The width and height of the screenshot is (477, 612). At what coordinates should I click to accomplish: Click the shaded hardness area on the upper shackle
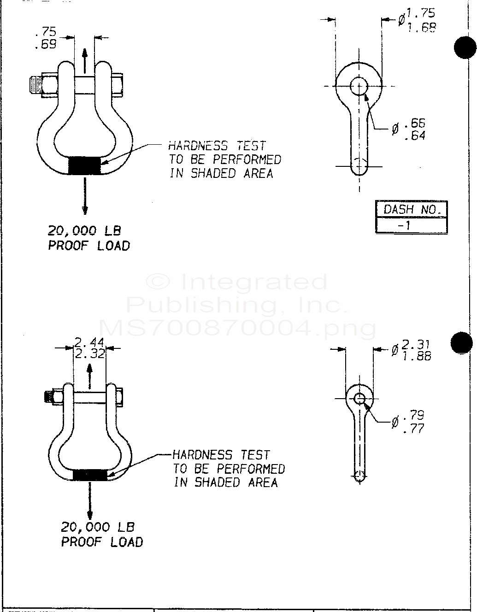(85, 165)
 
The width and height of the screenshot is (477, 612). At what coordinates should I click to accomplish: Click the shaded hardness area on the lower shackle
(90, 475)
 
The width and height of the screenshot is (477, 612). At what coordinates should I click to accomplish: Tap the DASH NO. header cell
(412, 209)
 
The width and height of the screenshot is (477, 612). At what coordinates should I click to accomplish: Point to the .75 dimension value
(46, 32)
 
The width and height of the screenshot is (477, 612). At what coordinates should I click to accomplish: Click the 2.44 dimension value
(89, 342)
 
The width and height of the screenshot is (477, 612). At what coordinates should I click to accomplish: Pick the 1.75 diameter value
(421, 14)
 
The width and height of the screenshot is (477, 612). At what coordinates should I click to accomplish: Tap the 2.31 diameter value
(416, 344)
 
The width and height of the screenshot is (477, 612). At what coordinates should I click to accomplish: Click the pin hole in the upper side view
(359, 86)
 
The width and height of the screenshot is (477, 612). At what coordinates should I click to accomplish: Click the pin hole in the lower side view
(360, 398)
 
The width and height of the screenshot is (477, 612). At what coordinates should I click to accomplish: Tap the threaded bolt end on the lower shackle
(47, 397)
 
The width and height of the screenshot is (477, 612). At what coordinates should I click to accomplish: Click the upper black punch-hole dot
(465, 47)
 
